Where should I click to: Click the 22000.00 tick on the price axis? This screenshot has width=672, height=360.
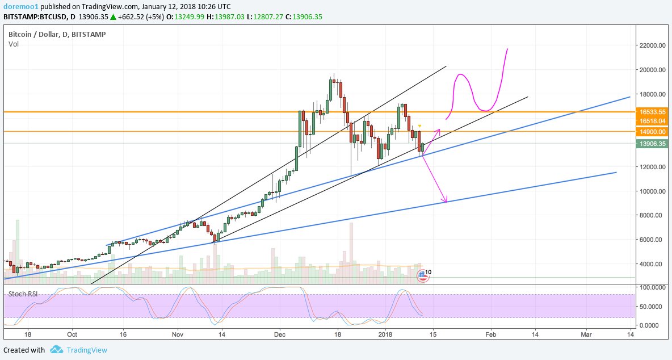(653, 45)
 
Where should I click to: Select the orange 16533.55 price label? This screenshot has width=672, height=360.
(653, 112)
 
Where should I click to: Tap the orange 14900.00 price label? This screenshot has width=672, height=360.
(653, 131)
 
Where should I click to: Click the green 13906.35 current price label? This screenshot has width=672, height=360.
(653, 144)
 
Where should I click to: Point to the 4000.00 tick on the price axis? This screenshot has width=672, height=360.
(653, 264)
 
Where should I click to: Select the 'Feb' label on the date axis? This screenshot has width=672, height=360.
(491, 335)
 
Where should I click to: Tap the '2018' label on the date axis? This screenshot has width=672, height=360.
(385, 335)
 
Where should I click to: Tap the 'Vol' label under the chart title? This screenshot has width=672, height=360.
(13, 44)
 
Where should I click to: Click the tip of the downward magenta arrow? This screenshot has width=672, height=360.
(446, 202)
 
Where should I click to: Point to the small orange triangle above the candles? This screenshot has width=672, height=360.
(419, 125)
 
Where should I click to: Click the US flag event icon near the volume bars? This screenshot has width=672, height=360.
(422, 276)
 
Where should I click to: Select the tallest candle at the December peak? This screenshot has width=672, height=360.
(331, 90)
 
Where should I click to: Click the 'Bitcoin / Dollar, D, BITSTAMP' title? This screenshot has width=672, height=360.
(57, 35)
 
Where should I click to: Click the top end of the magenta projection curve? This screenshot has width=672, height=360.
(506, 49)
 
